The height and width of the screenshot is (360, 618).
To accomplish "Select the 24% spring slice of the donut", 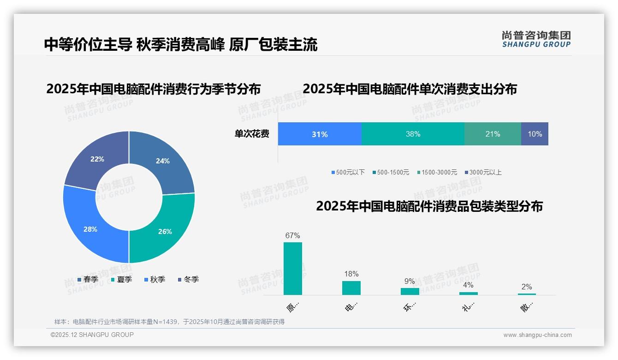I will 164,162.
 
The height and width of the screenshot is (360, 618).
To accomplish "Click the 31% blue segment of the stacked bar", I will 320,134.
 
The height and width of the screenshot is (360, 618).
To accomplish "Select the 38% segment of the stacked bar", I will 413,134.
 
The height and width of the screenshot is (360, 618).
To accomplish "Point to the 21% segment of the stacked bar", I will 493,134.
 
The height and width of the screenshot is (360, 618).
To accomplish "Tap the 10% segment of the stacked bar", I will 535,134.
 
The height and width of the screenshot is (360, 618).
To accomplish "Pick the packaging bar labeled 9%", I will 410,291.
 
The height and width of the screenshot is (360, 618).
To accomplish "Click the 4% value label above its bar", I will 468,285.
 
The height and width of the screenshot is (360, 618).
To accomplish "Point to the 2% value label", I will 527,287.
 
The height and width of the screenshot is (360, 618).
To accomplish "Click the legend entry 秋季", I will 157,279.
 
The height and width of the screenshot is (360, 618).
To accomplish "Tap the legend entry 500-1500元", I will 392,172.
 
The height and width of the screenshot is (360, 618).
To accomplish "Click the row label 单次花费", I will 252,134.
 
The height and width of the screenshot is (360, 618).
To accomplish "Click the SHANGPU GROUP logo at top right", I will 536,39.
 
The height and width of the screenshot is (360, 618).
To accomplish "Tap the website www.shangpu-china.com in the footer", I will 537,335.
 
